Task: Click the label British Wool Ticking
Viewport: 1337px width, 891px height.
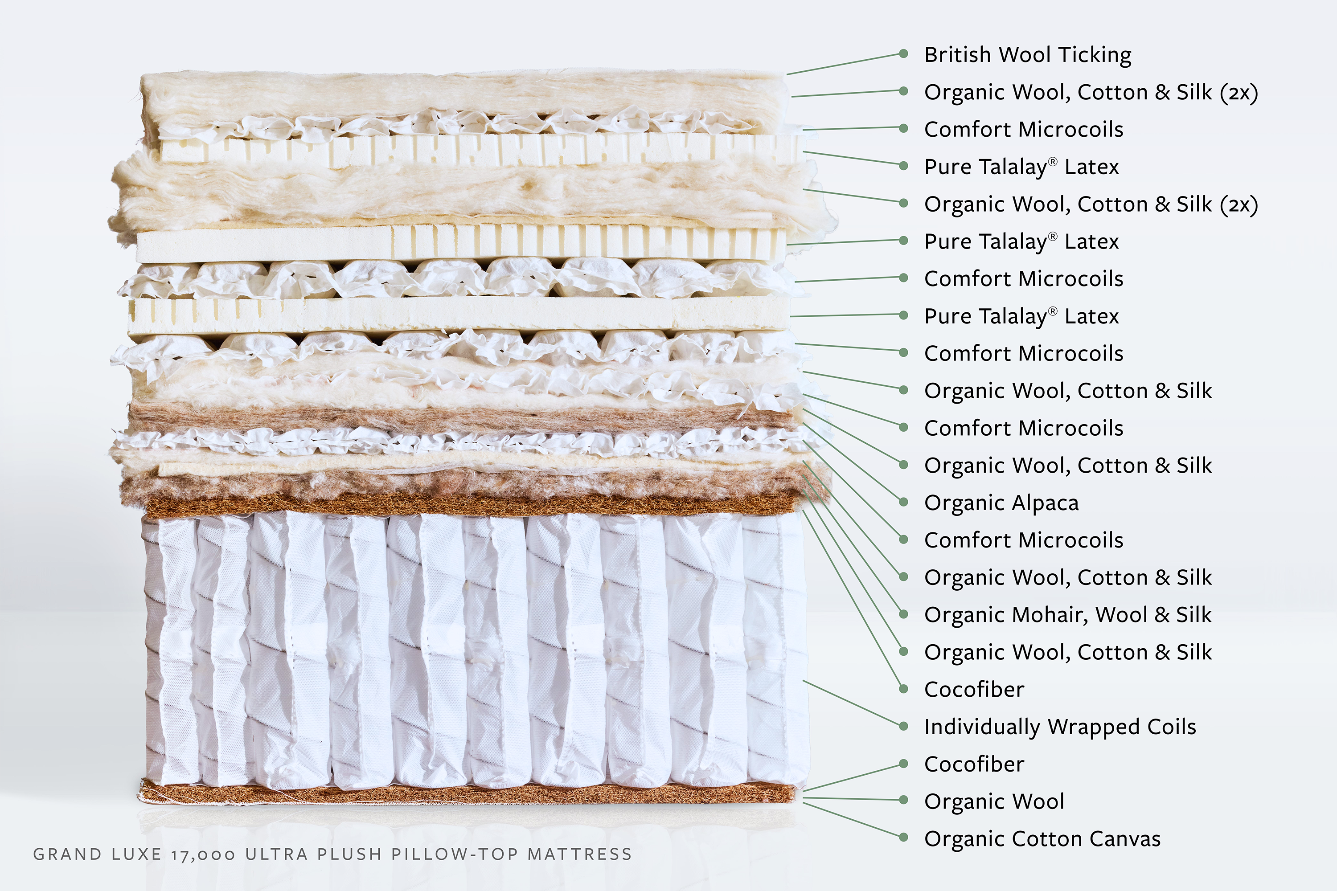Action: tap(1027, 55)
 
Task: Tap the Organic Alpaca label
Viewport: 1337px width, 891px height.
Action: tap(1001, 503)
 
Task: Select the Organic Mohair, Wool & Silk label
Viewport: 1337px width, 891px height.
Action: tap(1067, 615)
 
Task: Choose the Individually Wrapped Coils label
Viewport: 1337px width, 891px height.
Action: tap(1060, 727)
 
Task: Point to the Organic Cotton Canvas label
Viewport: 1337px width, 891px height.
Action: tap(1042, 839)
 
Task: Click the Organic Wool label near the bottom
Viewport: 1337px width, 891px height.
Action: tap(994, 801)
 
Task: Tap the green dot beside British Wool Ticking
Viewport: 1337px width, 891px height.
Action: tap(903, 54)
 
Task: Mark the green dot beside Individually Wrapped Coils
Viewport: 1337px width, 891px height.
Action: tap(903, 726)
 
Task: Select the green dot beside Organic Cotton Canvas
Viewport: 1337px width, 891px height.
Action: tap(903, 838)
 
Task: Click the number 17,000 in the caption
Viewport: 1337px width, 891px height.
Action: tap(203, 854)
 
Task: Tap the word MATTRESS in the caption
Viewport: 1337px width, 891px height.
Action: tap(579, 854)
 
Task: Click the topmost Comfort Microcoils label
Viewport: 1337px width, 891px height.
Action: tap(1023, 130)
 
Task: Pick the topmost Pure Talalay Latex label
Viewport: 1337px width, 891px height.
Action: tap(1021, 167)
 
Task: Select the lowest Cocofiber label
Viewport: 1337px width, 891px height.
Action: tap(974, 764)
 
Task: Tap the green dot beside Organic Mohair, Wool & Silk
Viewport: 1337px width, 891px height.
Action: tap(903, 614)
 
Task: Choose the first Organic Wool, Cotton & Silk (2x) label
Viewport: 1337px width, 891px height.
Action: tap(1090, 92)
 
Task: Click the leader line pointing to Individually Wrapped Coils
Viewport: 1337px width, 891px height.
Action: tap(853, 703)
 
